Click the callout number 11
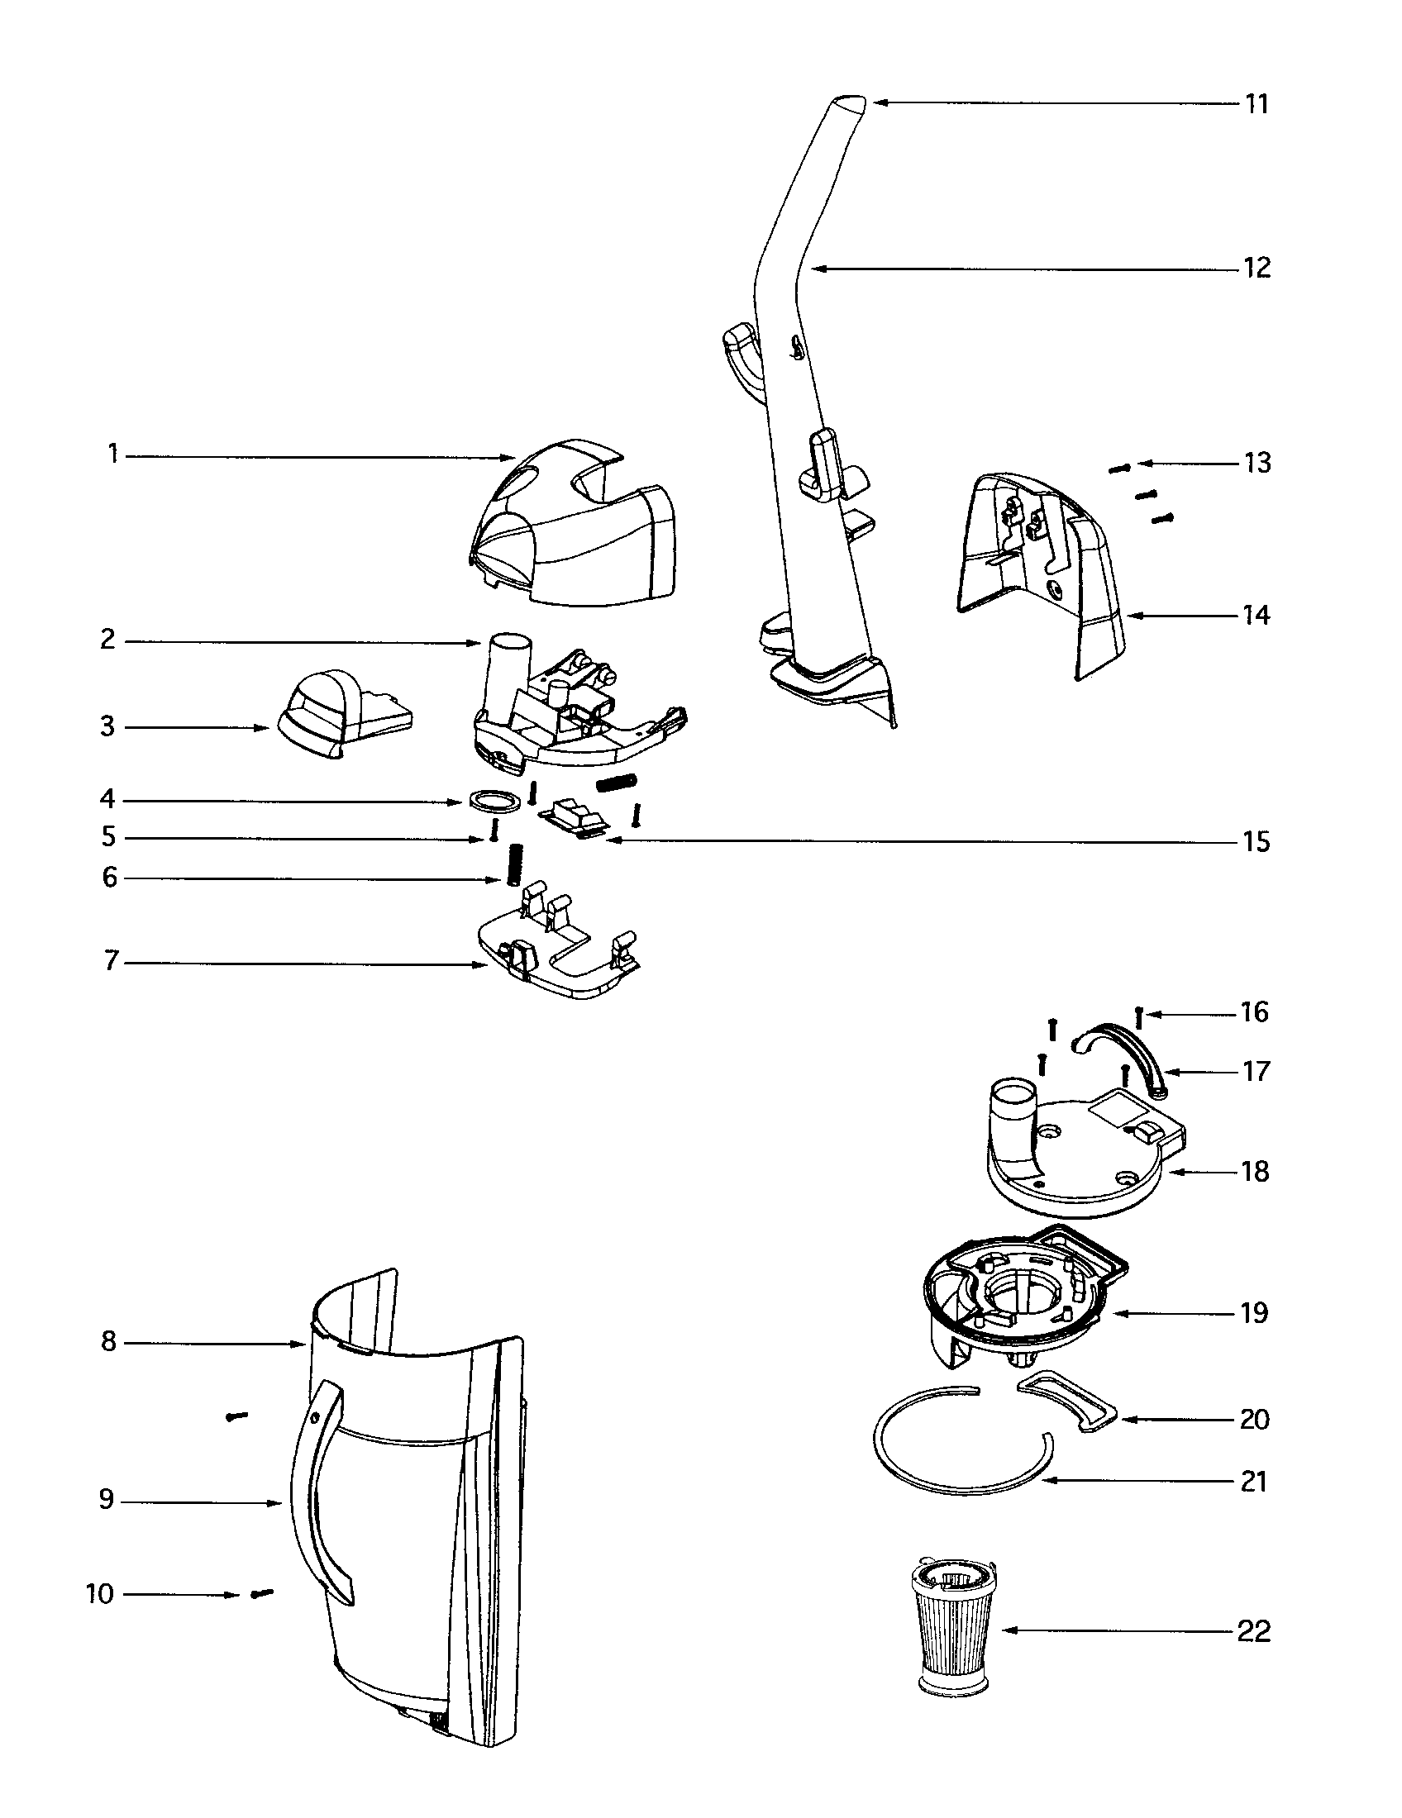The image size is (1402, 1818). coord(1257,104)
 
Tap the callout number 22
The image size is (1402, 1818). coord(1254,1631)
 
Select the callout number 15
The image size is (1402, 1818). coord(1257,841)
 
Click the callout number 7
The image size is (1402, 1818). coord(111,962)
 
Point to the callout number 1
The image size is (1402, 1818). coord(112,455)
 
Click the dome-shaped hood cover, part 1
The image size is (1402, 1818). coord(575,533)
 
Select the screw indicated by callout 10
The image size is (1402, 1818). coord(261,1593)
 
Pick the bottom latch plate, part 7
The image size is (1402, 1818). coord(558,957)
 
